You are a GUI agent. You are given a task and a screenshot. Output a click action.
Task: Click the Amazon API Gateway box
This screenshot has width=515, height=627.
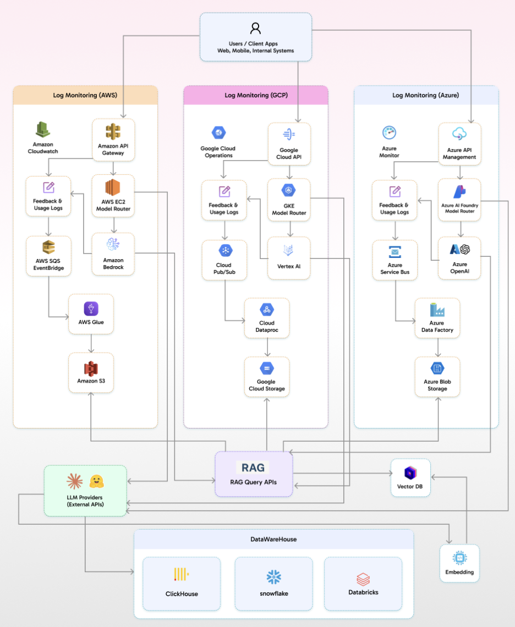pyautogui.click(x=113, y=140)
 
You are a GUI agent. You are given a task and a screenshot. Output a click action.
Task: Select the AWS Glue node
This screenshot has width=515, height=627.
pyautogui.click(x=91, y=314)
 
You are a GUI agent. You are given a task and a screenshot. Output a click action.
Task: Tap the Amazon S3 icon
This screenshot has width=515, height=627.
pyautogui.click(x=91, y=368)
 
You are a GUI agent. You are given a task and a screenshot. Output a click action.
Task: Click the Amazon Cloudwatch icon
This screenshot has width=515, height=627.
pyautogui.click(x=43, y=130)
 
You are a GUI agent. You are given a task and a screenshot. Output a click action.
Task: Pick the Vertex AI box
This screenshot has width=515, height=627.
pyautogui.click(x=289, y=257)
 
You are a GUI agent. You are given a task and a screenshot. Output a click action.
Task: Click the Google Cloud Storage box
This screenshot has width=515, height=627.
pyautogui.click(x=267, y=377)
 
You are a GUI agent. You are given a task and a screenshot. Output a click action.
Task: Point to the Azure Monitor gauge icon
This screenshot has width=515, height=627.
pyautogui.click(x=389, y=133)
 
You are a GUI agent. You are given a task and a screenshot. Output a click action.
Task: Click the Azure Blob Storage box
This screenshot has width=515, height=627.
pyautogui.click(x=437, y=377)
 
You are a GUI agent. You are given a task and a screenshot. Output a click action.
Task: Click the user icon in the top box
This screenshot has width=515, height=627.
pyautogui.click(x=255, y=28)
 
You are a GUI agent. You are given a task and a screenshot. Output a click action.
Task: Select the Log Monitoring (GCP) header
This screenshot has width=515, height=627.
pyautogui.click(x=256, y=95)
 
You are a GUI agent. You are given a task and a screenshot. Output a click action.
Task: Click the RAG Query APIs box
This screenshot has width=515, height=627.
pyautogui.click(x=254, y=474)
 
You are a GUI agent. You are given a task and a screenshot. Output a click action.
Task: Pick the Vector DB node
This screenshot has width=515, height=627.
pyautogui.click(x=410, y=477)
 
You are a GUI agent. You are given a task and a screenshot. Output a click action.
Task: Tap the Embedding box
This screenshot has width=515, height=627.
pyautogui.click(x=459, y=563)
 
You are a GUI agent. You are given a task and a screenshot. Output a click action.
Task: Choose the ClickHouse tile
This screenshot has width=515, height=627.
pyautogui.click(x=182, y=584)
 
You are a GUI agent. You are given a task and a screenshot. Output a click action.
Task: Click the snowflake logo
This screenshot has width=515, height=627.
pyautogui.click(x=274, y=576)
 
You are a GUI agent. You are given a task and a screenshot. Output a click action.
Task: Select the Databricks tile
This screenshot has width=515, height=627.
pyautogui.click(x=363, y=584)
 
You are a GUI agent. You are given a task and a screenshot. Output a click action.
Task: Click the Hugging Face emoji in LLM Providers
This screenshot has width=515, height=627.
pyautogui.click(x=97, y=481)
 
